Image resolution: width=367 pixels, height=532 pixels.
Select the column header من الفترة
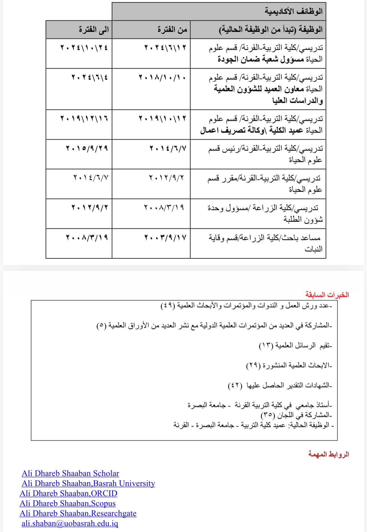tap(172, 29)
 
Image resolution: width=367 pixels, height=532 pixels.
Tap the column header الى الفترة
tap(94, 29)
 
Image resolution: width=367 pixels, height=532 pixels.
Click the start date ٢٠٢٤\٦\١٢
tap(165, 48)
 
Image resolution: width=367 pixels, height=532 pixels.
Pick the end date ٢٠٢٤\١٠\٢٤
tap(84, 48)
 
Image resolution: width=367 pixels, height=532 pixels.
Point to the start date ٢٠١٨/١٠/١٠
tap(162, 77)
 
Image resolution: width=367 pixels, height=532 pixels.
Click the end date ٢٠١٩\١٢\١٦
tap(84, 119)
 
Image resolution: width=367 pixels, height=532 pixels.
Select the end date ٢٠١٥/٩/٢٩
tap(87, 148)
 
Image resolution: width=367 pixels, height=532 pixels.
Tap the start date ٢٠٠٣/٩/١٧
tap(165, 237)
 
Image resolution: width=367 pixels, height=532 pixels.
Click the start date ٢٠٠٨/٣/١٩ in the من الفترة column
tap(164, 207)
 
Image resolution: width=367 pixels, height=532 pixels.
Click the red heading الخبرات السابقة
tap(327, 295)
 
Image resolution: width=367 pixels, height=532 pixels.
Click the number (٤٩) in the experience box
tap(168, 306)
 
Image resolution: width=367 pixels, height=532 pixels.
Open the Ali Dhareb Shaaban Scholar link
tap(70, 473)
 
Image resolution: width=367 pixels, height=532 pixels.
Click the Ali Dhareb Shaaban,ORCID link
tap(68, 493)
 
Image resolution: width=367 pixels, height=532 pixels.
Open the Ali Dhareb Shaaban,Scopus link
tap(68, 503)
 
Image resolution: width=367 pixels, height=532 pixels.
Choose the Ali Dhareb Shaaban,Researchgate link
tap(78, 513)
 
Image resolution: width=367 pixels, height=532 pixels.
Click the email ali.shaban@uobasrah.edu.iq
tap(70, 523)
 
